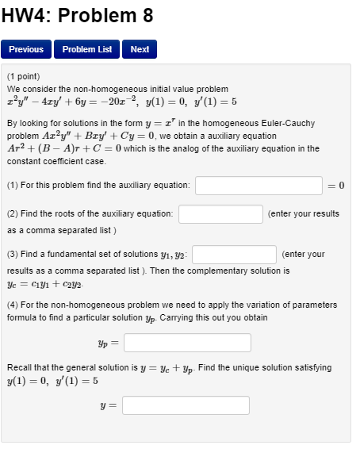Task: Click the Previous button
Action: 26,49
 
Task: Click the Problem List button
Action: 88,49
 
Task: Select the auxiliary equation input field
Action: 259,185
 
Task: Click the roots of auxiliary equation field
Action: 220,214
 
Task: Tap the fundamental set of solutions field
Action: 234,255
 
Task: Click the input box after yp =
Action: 187,343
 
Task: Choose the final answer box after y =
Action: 186,405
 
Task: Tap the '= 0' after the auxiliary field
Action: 336,185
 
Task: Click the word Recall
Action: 19,368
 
